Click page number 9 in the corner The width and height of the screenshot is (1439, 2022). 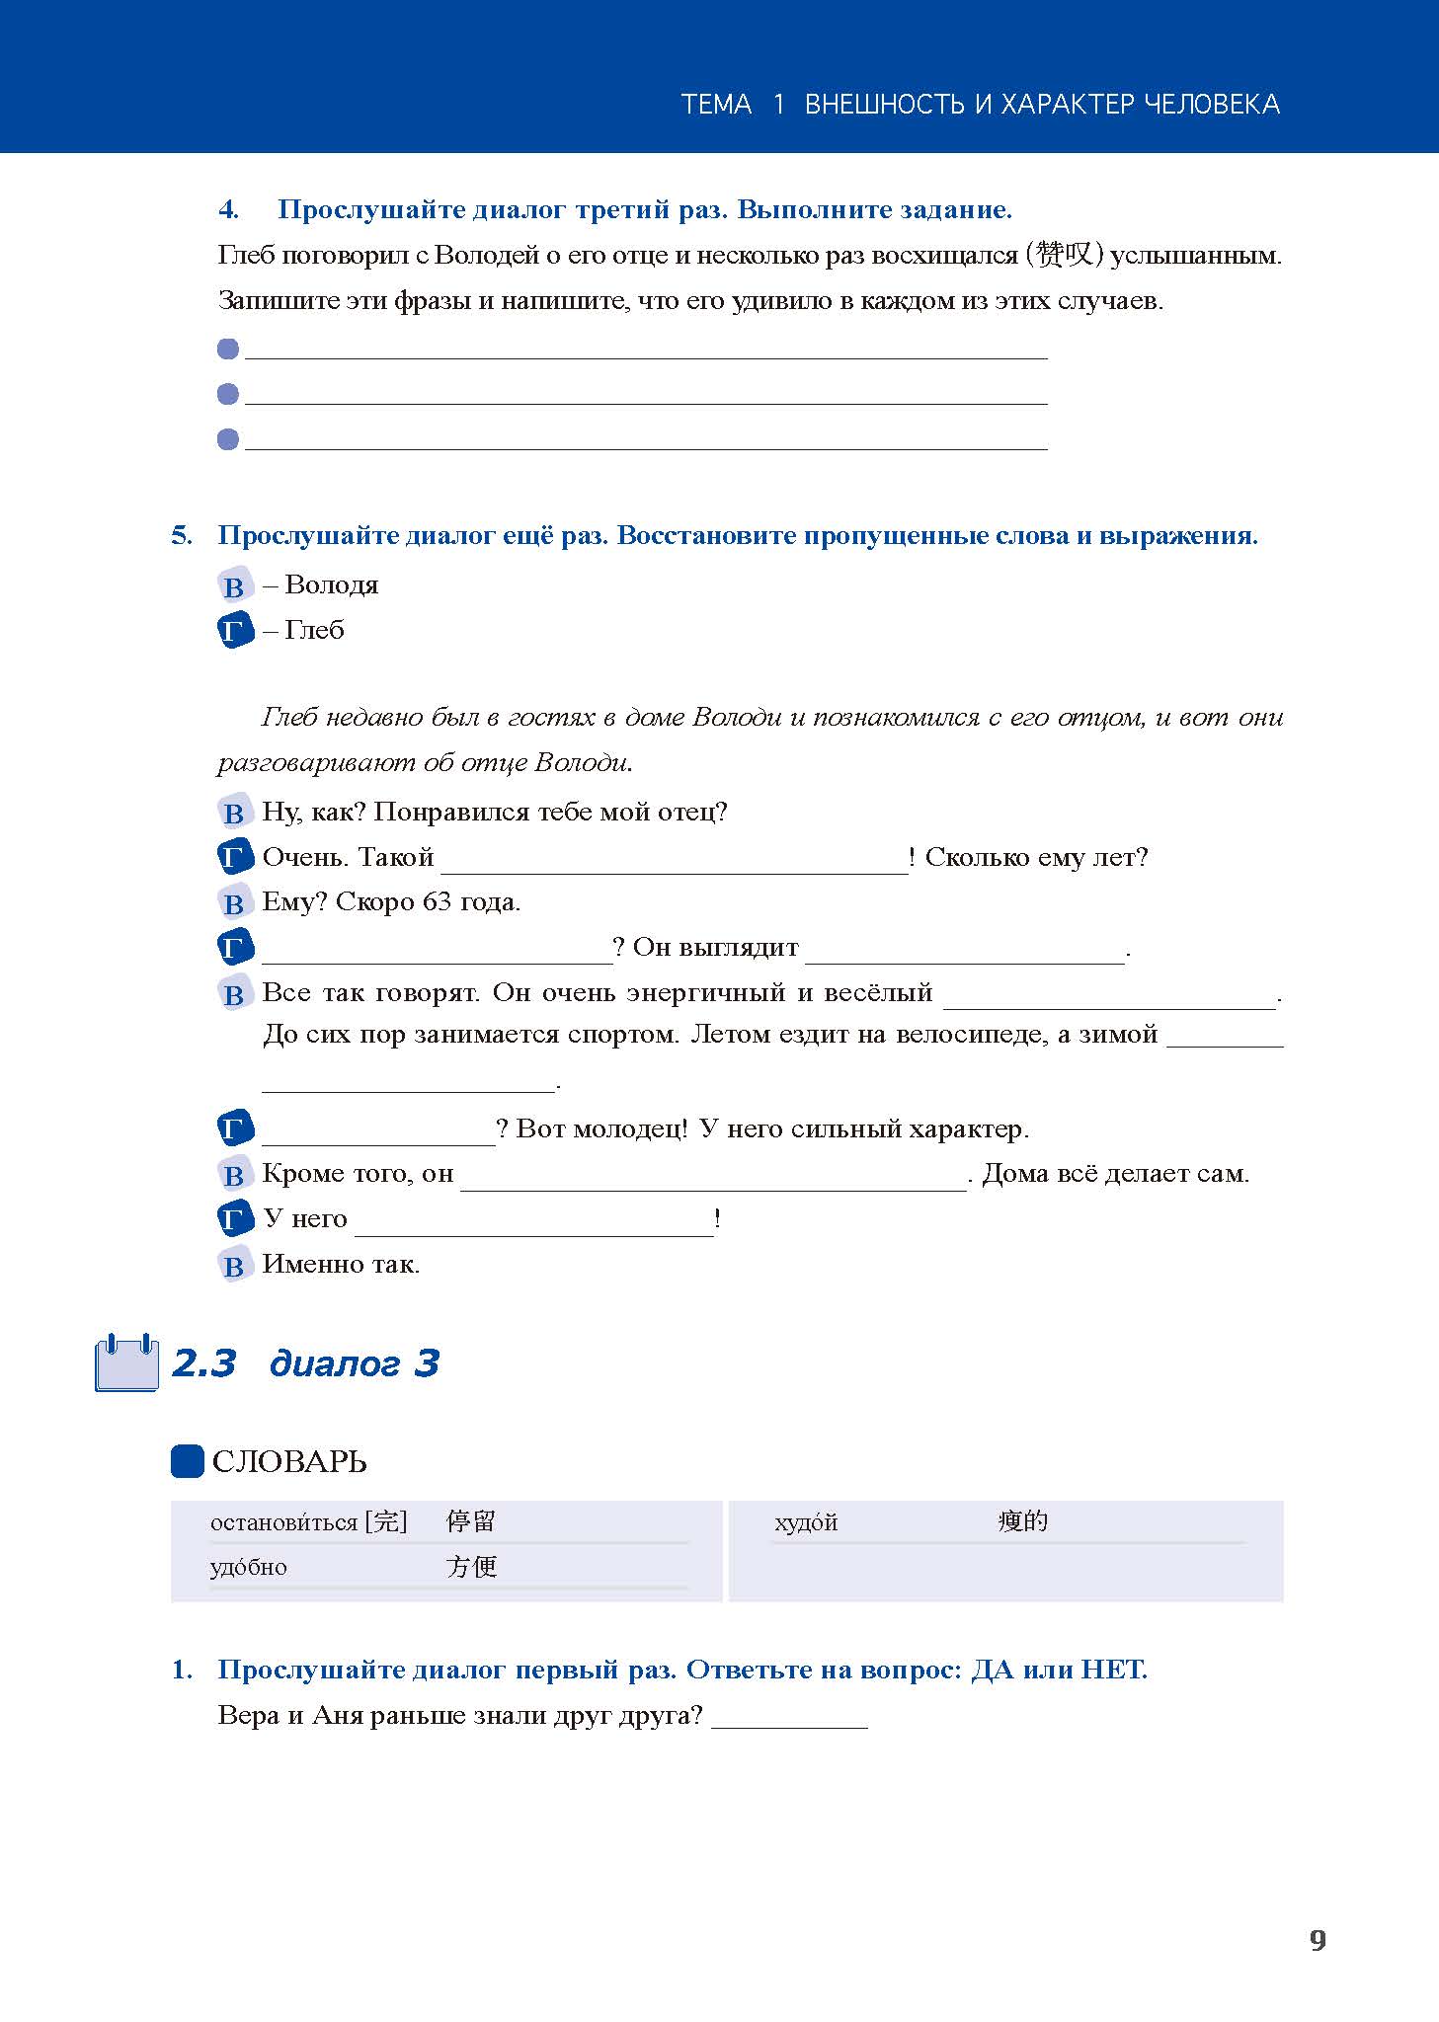click(1318, 1940)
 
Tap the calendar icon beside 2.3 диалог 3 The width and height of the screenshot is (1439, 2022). click(126, 1362)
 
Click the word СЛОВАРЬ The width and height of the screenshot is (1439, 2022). click(289, 1462)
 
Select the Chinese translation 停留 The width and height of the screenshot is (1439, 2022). click(470, 1521)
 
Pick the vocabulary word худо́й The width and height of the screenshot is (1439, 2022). click(806, 1522)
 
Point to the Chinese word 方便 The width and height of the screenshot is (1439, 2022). click(471, 1567)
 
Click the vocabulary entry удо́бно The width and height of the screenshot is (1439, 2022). click(249, 1568)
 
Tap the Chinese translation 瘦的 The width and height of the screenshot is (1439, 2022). click(1022, 1521)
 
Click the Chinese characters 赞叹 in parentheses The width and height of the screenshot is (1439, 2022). click(1065, 255)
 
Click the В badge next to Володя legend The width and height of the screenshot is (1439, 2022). click(234, 586)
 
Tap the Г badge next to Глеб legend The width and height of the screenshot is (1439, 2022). click(235, 631)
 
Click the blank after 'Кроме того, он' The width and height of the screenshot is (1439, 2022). click(713, 1178)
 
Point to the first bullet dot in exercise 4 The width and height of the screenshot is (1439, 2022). click(228, 350)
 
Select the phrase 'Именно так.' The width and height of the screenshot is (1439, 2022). click(341, 1264)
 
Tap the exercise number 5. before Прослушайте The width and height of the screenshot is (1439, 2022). click(182, 536)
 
